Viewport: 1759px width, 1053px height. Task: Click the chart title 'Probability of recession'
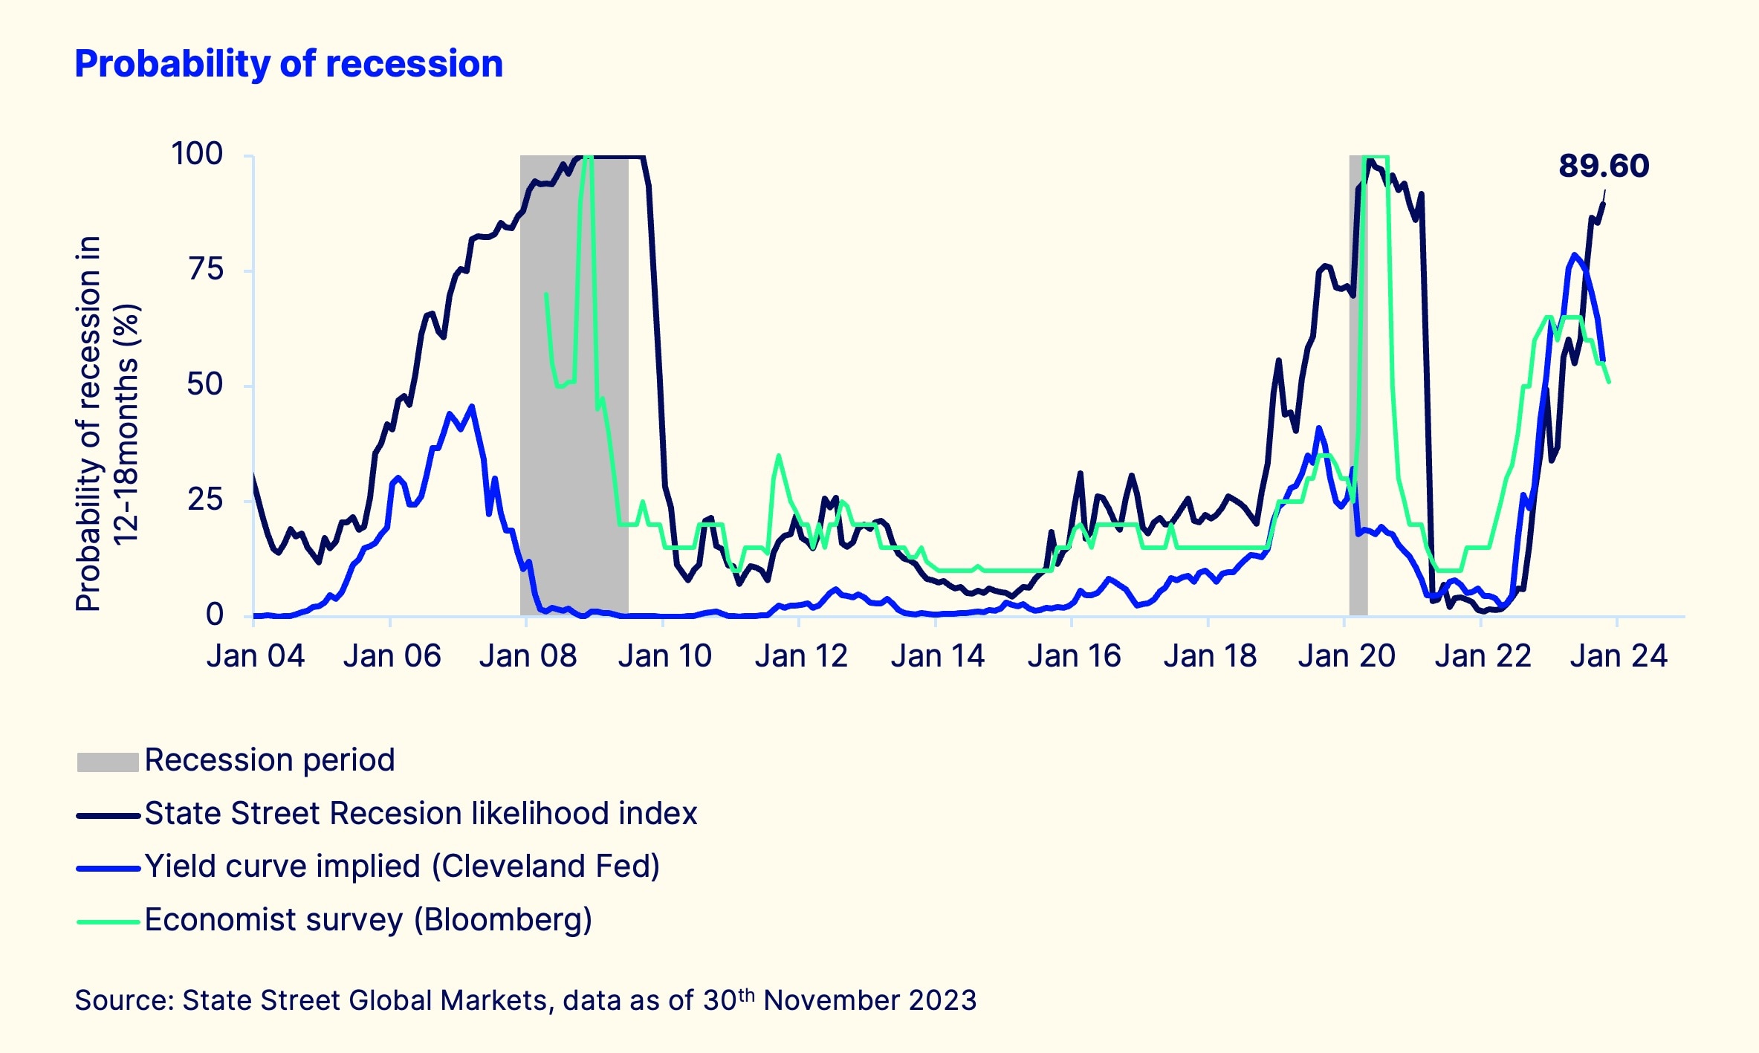pos(288,64)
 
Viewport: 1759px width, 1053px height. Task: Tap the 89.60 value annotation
pos(1603,166)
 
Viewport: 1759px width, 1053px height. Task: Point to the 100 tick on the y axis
pos(197,154)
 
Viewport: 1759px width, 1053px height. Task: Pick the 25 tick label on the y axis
pos(205,499)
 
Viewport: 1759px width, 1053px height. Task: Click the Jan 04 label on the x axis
pos(255,656)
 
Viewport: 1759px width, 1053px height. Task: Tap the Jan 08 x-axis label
pos(528,656)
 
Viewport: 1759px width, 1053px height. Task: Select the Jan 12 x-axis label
pos(801,656)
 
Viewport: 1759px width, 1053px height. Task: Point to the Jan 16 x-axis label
pos(1074,656)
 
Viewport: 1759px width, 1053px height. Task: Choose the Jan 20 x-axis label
pos(1347,656)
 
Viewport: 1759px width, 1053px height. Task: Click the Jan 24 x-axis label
pos(1619,656)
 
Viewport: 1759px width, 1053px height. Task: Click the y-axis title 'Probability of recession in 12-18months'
pos(108,424)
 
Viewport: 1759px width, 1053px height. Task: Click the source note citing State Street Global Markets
pos(525,1000)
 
